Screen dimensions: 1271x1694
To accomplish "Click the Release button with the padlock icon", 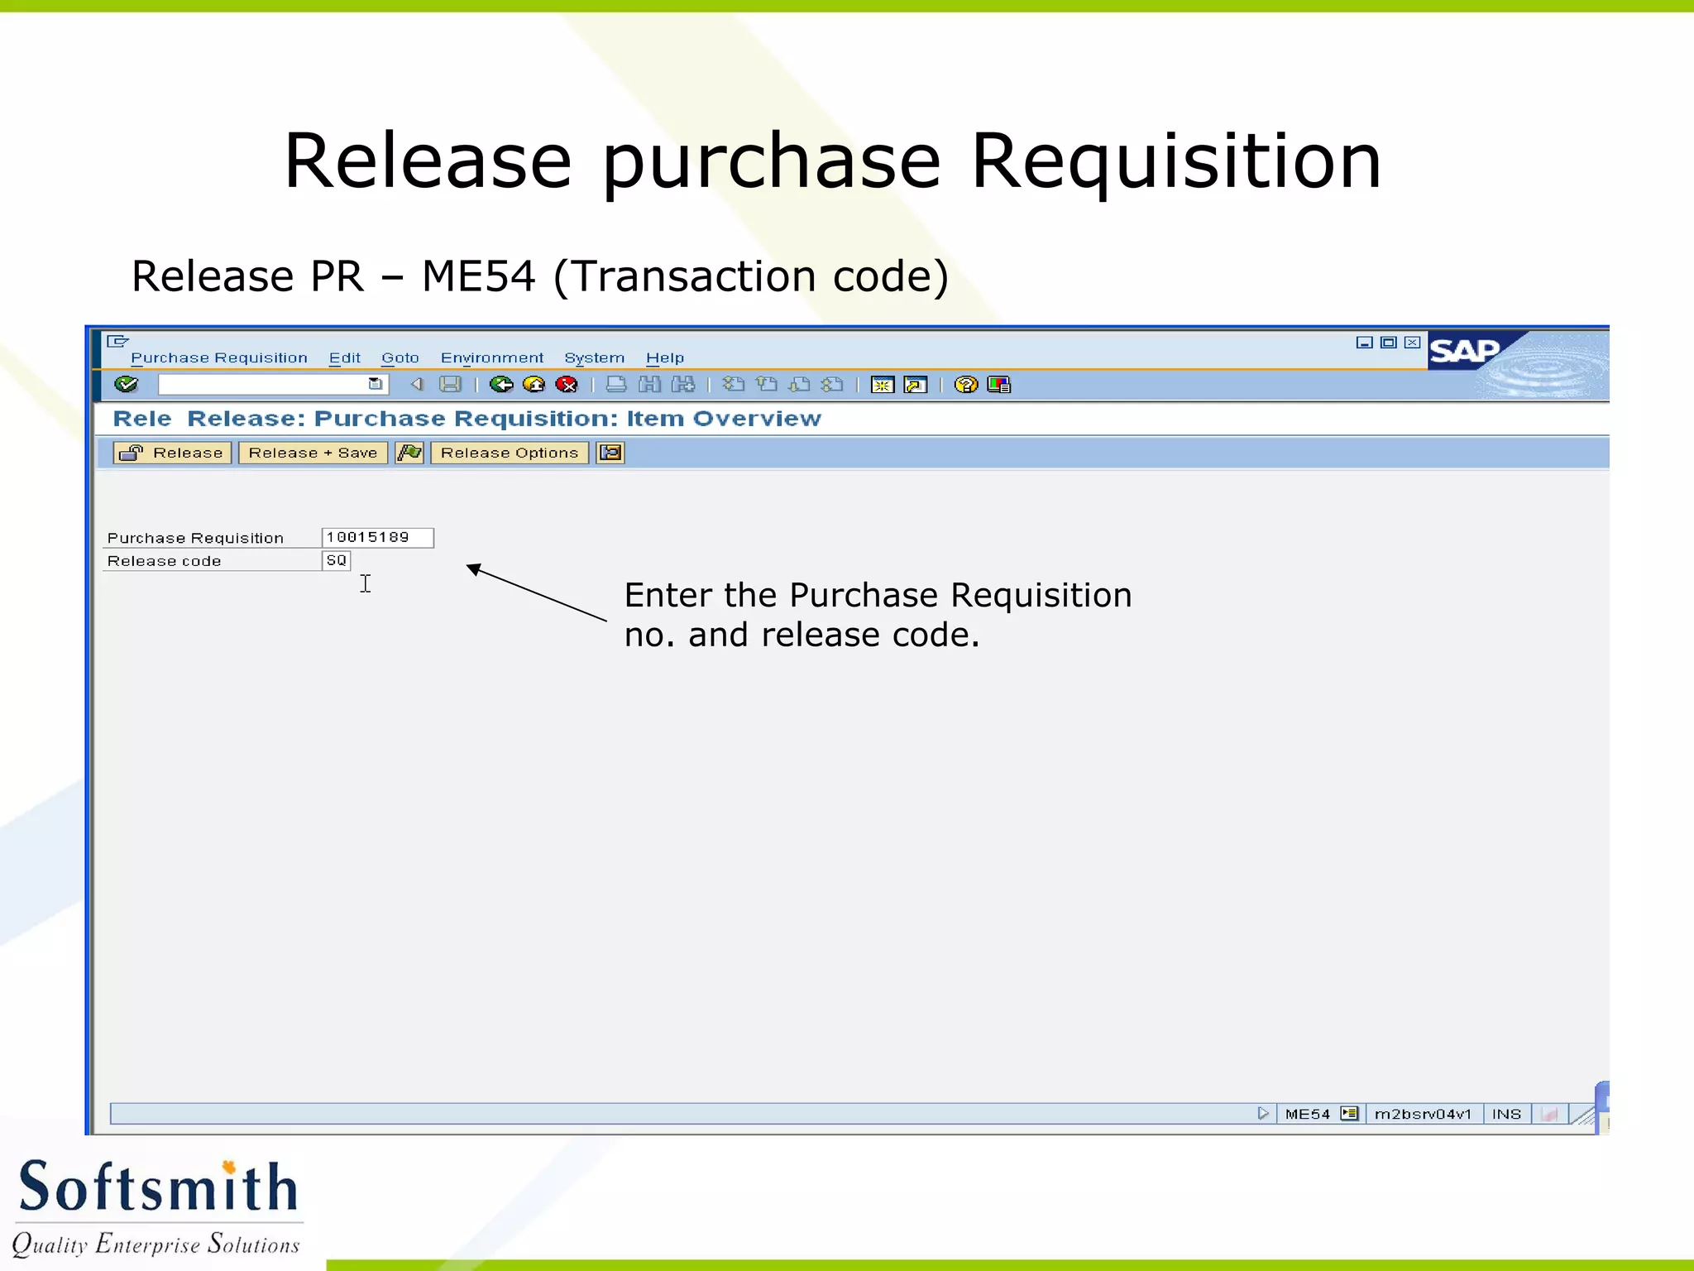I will coord(172,453).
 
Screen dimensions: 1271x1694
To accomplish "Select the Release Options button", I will coord(509,453).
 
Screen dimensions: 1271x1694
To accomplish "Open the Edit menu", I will coord(344,357).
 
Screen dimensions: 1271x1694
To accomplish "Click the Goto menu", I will coord(400,357).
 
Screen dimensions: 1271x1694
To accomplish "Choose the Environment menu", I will coord(491,357).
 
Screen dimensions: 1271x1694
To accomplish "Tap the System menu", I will coord(594,357).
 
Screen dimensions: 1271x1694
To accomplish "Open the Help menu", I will coord(664,357).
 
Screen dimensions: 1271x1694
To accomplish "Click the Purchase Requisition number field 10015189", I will coord(377,538).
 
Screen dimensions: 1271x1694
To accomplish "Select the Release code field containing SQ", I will coord(336,561).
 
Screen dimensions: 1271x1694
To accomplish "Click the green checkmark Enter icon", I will coord(127,384).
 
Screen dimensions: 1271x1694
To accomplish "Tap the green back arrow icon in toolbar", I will coord(500,384).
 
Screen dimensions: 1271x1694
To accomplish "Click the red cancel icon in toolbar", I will coord(567,384).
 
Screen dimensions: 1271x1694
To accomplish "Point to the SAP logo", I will coord(1465,352).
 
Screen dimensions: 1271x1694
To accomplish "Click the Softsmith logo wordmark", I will coord(157,1187).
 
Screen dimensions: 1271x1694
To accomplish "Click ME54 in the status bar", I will coord(1307,1114).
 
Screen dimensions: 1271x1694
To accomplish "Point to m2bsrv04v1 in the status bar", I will coord(1423,1114).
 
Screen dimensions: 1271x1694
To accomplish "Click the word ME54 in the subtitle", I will coord(478,276).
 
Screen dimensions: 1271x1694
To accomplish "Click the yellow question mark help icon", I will coord(965,384).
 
